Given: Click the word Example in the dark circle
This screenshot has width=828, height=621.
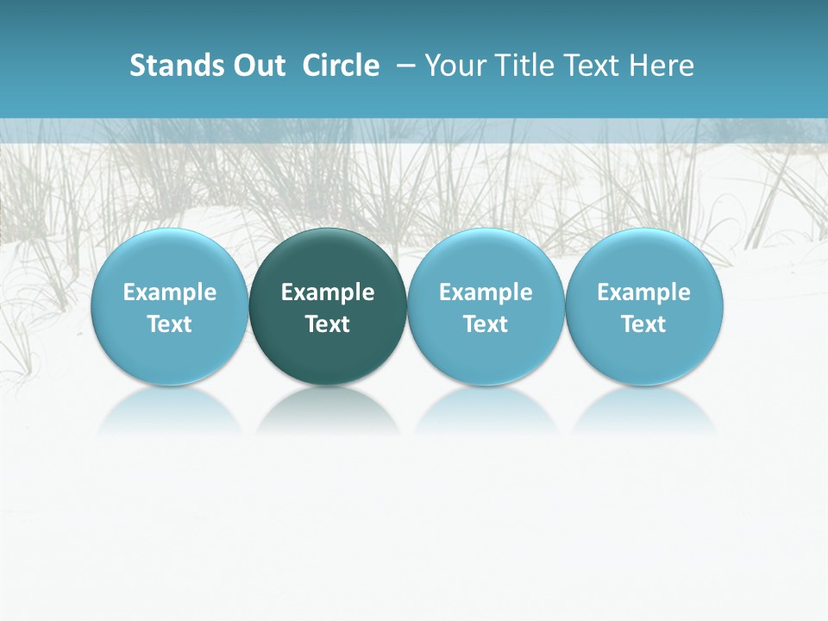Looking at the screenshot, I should coord(328,292).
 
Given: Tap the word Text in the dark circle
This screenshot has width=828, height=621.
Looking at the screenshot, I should coord(328,324).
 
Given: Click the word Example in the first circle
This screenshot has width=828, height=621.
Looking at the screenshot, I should coord(170,292).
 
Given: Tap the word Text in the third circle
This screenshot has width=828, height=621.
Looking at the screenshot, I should coord(486,324).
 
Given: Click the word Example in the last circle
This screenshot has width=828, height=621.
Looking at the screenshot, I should coord(644,292).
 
